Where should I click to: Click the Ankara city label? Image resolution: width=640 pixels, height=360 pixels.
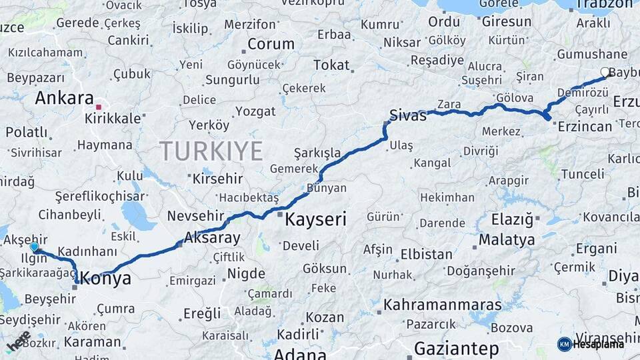(64, 98)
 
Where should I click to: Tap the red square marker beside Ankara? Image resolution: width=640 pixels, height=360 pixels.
(98, 107)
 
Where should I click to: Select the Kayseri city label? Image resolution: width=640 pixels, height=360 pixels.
(315, 219)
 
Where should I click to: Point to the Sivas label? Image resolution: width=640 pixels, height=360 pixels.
(407, 115)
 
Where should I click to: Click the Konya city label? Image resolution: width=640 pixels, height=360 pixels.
(106, 279)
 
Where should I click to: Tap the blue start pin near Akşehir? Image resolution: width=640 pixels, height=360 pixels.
(35, 247)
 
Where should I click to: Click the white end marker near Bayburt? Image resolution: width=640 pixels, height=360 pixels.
(605, 72)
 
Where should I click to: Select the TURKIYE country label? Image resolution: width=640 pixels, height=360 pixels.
(211, 151)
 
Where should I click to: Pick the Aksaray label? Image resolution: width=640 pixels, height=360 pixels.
(211, 237)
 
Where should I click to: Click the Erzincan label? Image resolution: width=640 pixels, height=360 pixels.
(585, 127)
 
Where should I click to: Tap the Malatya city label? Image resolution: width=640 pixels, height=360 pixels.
(507, 239)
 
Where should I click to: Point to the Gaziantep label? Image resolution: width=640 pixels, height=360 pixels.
(456, 348)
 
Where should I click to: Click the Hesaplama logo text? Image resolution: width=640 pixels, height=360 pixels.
(598, 344)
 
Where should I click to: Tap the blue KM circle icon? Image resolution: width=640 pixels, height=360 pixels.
(565, 344)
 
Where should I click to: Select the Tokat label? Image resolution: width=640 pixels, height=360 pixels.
(331, 65)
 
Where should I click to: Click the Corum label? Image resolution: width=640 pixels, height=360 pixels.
(271, 45)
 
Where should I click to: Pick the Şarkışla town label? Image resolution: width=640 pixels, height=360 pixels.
(317, 153)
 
